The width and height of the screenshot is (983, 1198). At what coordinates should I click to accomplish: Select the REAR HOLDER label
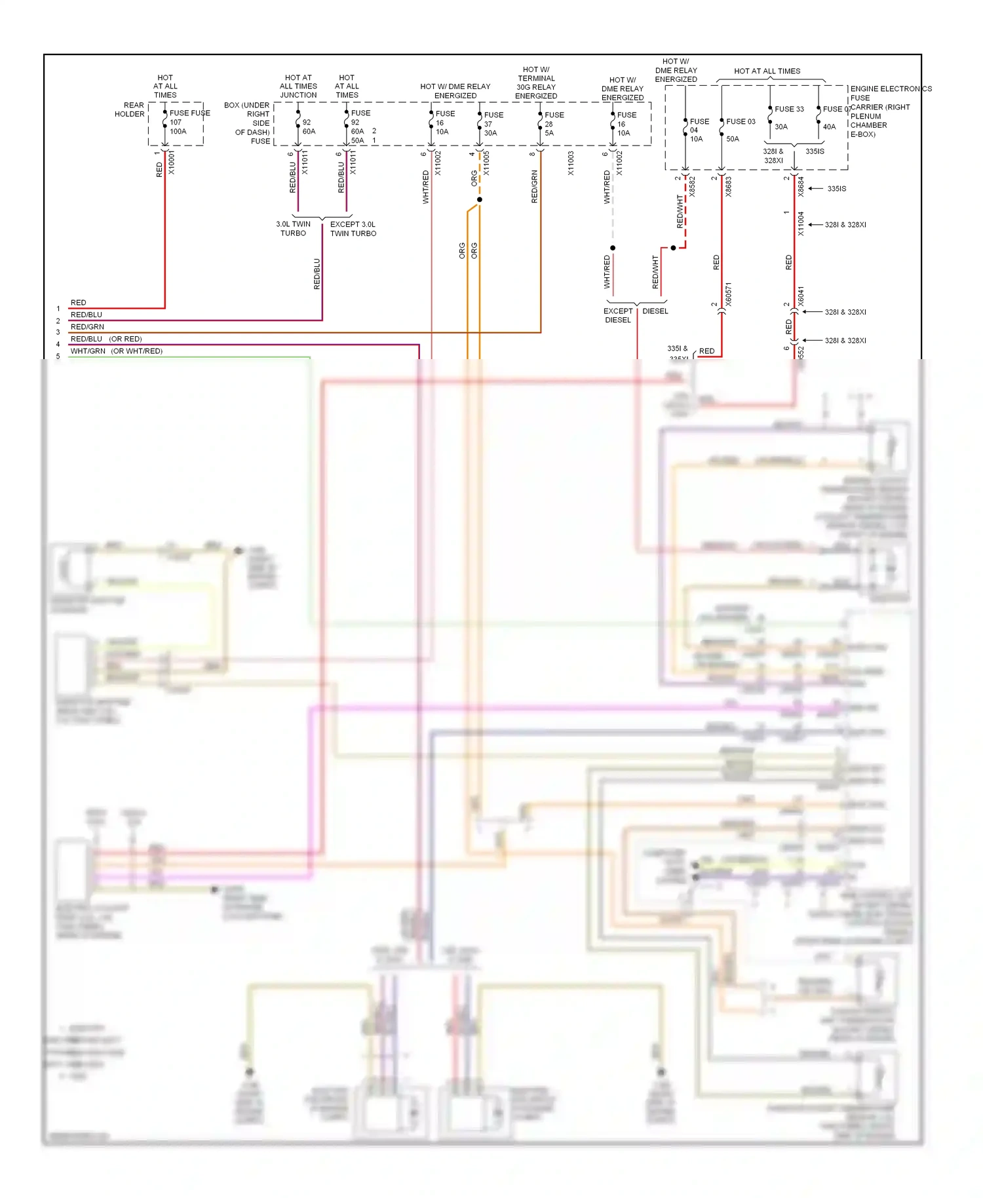click(x=130, y=109)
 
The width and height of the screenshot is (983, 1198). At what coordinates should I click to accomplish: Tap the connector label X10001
click(x=171, y=162)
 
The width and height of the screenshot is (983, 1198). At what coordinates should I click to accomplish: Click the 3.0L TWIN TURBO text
click(x=293, y=229)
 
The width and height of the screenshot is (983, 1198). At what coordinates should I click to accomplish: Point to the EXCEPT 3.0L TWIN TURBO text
click(x=353, y=229)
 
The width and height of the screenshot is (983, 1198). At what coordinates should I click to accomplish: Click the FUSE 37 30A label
click(x=491, y=124)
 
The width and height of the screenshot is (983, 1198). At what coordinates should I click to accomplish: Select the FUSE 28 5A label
click(x=552, y=124)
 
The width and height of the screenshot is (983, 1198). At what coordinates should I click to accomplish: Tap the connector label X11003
click(x=571, y=163)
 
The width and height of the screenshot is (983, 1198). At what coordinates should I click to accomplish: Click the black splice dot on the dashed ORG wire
click(x=480, y=199)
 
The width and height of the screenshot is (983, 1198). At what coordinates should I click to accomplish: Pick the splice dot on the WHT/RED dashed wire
click(x=613, y=248)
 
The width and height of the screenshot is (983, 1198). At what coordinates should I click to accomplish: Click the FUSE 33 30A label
click(x=787, y=117)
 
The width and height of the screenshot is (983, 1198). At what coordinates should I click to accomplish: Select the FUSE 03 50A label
click(x=739, y=130)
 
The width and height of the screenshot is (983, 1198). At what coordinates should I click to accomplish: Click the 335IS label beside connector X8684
click(x=836, y=189)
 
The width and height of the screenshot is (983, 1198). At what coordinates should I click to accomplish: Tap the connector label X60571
click(x=729, y=294)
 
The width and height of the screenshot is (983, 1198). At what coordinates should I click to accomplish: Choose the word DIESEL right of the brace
click(x=655, y=311)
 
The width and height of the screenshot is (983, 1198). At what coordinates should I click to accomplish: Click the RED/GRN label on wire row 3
click(x=87, y=327)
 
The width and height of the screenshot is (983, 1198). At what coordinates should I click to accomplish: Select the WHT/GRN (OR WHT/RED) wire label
click(x=116, y=351)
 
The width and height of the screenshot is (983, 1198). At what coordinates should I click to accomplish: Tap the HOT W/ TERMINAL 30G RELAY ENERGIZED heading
click(x=536, y=83)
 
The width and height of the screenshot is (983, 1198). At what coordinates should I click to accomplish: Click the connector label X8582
click(x=692, y=187)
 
